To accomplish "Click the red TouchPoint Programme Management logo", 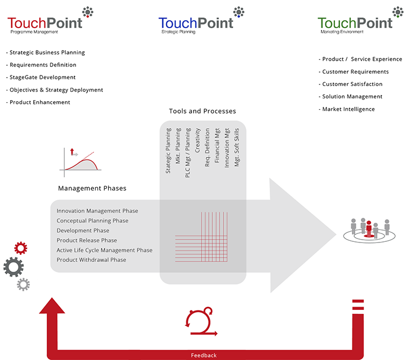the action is [x=50, y=21].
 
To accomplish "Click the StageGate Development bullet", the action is [x=41, y=77].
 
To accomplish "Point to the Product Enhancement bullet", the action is [x=38, y=102].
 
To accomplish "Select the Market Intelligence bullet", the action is [x=347, y=109].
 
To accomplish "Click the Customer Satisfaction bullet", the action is [x=350, y=84].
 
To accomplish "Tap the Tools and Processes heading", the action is [x=202, y=111].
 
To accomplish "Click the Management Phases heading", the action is [x=92, y=188].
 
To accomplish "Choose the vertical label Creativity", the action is [x=198, y=140].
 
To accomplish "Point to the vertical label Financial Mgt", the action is [x=217, y=145].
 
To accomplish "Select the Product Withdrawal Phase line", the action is [x=91, y=260].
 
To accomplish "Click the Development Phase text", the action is [x=83, y=231].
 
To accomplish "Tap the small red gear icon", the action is [x=21, y=248].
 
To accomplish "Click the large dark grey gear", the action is [x=14, y=267].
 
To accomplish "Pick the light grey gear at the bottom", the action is [x=23, y=284].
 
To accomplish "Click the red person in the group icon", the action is [x=369, y=228].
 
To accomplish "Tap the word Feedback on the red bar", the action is [x=204, y=355].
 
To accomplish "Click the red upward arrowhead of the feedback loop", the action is [x=52, y=305].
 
